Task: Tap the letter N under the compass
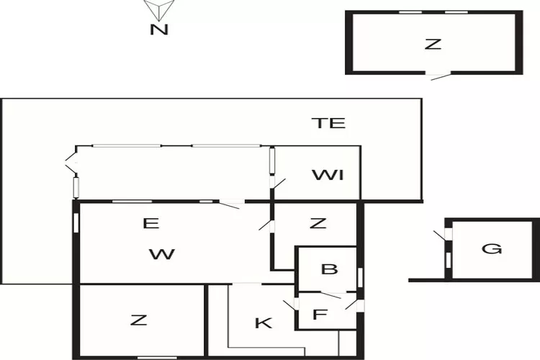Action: pos(158,30)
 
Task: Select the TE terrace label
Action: pos(328,123)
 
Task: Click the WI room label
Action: pos(328,175)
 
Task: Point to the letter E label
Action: pos(150,224)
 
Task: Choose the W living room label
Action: pos(163,253)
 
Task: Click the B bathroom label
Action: pos(330,270)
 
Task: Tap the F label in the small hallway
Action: pos(320,315)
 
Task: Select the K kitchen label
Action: pos(264,323)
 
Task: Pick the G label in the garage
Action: pos(492,249)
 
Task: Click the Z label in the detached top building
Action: pos(432,44)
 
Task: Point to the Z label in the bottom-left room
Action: pos(138,320)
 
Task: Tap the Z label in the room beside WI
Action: pos(318,224)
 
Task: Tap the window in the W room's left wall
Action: pos(76,221)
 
